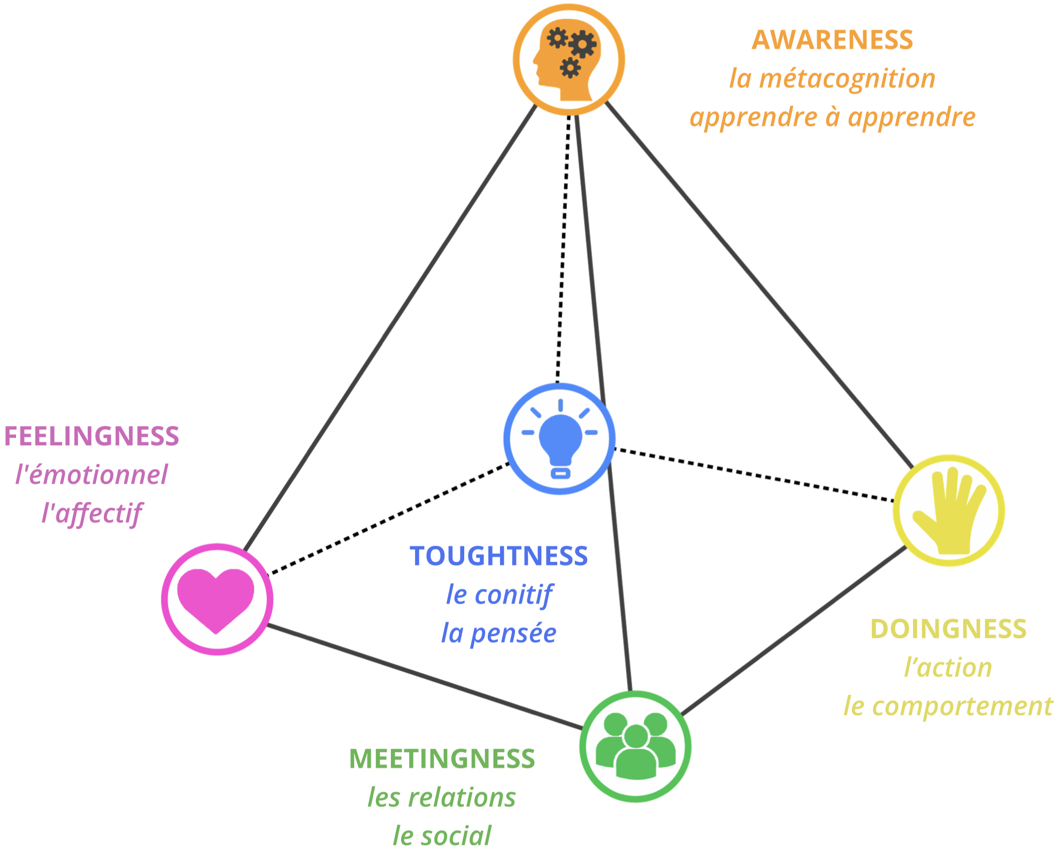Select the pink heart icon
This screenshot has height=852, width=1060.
(x=217, y=599)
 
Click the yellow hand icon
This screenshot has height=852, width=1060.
(x=949, y=510)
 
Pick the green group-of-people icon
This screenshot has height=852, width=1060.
(x=635, y=746)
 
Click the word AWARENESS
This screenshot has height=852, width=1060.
(x=832, y=40)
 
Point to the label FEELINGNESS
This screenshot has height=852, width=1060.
(x=91, y=436)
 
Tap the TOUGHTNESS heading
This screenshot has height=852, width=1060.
(x=498, y=556)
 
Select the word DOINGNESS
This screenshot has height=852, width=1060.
(x=948, y=629)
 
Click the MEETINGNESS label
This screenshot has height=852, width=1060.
(x=442, y=759)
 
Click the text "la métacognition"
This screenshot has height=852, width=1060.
(x=832, y=79)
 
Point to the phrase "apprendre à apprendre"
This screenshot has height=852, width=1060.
(x=832, y=117)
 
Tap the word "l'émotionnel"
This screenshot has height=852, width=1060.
(x=91, y=475)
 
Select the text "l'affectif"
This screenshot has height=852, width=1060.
(x=91, y=513)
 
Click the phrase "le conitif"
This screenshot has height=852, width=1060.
(x=498, y=594)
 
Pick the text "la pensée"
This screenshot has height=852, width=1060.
(x=498, y=633)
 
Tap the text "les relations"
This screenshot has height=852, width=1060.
(x=442, y=797)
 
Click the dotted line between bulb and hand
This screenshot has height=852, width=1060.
(x=754, y=475)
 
